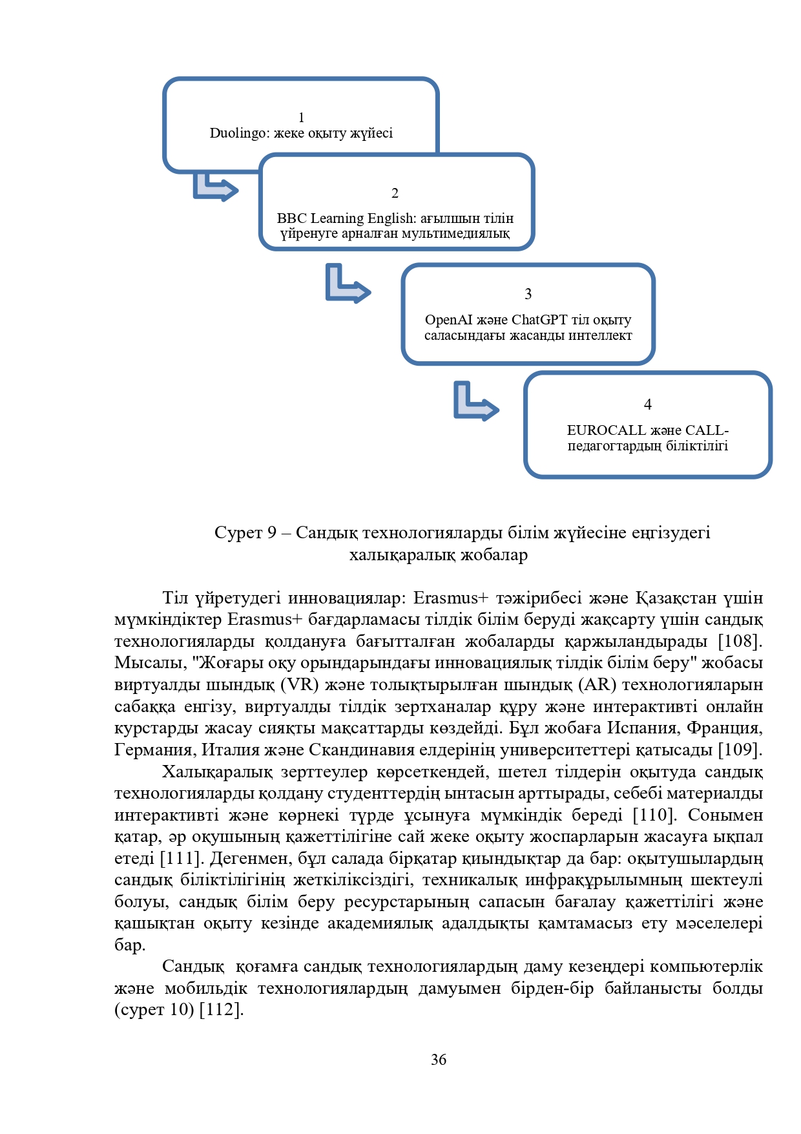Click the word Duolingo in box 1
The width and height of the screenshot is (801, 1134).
point(239,133)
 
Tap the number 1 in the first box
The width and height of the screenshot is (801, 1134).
point(301,118)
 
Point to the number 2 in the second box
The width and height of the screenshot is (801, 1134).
point(395,193)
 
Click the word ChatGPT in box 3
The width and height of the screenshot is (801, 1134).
point(539,320)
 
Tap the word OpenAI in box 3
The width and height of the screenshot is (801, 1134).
point(448,320)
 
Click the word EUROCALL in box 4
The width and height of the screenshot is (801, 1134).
point(606,430)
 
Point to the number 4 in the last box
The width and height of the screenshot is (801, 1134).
point(648,404)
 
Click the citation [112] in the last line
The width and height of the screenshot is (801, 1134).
point(221,1010)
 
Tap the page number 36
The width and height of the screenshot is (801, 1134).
point(439,1060)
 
